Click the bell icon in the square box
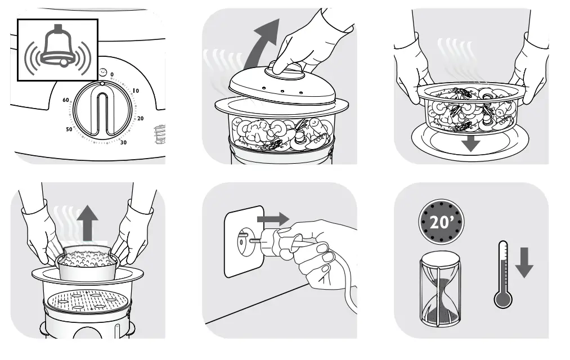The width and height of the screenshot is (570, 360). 58,49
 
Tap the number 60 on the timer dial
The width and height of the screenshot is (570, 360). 66,100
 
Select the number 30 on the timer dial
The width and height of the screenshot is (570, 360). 123,142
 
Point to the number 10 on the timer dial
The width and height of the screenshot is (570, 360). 135,91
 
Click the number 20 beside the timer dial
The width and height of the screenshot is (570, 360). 141,118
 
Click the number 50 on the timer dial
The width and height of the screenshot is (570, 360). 69,129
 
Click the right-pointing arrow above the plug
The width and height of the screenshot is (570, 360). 272,218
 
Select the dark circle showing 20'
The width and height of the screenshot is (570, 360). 442,222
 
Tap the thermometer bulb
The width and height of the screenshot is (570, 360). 502,298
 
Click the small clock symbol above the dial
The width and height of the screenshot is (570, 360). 102,73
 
